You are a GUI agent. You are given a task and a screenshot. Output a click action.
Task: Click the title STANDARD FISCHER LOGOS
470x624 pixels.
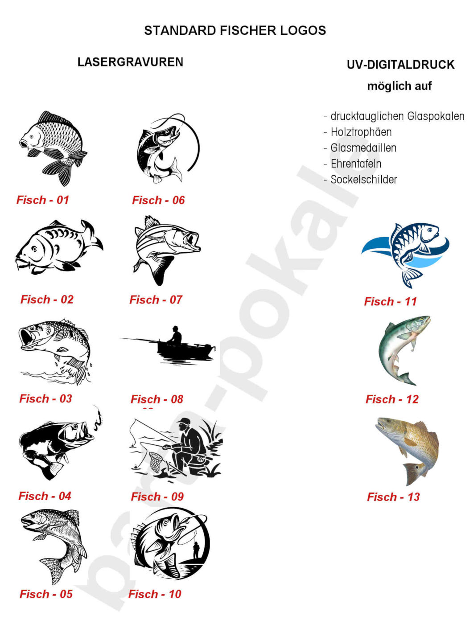pyautogui.click(x=235, y=30)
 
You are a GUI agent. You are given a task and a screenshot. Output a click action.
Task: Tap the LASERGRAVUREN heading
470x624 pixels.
pyautogui.click(x=130, y=62)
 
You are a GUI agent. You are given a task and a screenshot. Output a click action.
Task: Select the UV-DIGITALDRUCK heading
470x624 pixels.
pyautogui.click(x=400, y=65)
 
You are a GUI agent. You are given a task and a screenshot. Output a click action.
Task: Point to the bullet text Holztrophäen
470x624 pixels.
pyautogui.click(x=361, y=132)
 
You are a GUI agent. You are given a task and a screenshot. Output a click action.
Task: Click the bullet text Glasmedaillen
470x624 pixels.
pyautogui.click(x=363, y=148)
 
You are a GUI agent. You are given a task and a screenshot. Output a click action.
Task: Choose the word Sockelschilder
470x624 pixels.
pyautogui.click(x=364, y=180)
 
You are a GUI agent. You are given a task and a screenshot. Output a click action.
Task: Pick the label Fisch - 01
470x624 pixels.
pyautogui.click(x=43, y=200)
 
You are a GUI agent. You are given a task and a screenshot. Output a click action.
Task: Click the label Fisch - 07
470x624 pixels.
pyautogui.click(x=156, y=300)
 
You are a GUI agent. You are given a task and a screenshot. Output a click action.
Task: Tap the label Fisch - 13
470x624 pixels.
pyautogui.click(x=393, y=497)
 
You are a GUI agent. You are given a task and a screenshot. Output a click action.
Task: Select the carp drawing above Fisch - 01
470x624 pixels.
pyautogui.click(x=53, y=147)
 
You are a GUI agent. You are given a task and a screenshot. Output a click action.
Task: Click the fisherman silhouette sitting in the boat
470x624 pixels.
pyautogui.click(x=175, y=335)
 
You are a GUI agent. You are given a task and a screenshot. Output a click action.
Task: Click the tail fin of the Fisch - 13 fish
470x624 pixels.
pyautogui.click(x=413, y=473)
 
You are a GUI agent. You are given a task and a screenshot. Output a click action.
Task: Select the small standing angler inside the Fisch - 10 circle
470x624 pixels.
pyautogui.click(x=196, y=550)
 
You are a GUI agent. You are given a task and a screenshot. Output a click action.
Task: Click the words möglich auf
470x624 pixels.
pyautogui.click(x=399, y=86)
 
